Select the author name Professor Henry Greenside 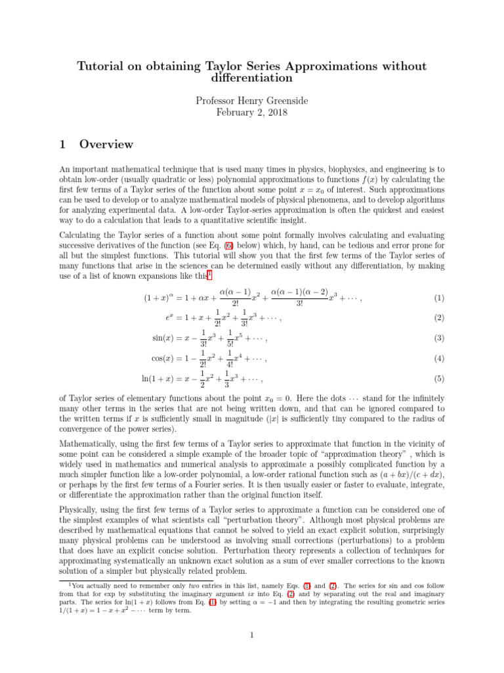pyautogui.click(x=252, y=101)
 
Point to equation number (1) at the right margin pyautogui.click(x=440, y=298)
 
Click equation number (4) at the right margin pyautogui.click(x=440, y=359)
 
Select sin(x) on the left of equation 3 pyautogui.click(x=166, y=338)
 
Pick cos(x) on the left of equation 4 pyautogui.click(x=165, y=359)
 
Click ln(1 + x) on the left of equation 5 pyautogui.click(x=159, y=379)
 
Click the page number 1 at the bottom pyautogui.click(x=252, y=635)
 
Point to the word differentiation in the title pyautogui.click(x=252, y=78)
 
